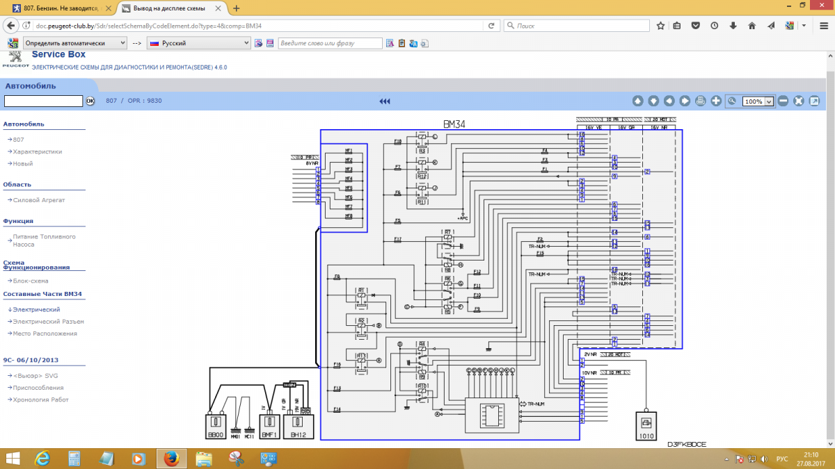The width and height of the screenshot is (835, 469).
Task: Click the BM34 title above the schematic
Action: [454, 124]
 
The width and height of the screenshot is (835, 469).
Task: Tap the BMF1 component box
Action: [270, 425]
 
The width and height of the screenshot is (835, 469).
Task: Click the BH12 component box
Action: [299, 425]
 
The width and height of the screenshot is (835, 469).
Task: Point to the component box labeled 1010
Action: [646, 425]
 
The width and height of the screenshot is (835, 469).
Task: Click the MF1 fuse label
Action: [349, 151]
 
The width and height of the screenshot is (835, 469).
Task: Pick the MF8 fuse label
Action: [349, 216]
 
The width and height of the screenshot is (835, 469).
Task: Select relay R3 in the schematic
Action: [422, 150]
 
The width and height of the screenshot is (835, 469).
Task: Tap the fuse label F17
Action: [397, 239]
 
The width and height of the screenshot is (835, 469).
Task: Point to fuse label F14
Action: [337, 409]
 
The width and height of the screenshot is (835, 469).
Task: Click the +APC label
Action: [463, 218]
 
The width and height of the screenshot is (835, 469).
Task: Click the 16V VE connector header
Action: [593, 127]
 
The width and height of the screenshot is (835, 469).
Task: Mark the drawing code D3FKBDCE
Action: [686, 444]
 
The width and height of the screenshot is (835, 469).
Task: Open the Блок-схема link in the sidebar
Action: [31, 281]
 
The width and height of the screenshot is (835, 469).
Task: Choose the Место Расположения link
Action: [45, 334]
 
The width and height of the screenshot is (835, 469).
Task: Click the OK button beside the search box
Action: [90, 101]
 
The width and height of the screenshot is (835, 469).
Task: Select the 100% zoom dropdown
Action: [758, 101]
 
